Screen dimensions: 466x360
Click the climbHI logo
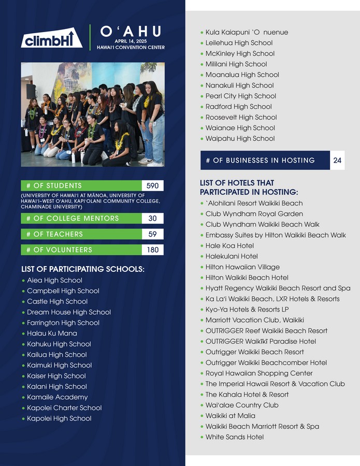[52, 39]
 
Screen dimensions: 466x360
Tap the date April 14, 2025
[131, 41]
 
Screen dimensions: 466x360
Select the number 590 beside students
[152, 186]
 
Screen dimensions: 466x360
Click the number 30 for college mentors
[152, 219]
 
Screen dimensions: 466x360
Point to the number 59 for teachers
[152, 234]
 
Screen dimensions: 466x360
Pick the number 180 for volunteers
[152, 250]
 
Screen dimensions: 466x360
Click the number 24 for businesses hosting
[337, 161]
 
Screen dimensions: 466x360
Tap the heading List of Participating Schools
[83, 269]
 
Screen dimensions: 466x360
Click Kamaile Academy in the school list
[57, 397]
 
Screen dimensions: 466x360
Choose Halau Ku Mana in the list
[52, 333]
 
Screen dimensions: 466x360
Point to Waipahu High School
[240, 138]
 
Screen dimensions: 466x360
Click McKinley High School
[240, 53]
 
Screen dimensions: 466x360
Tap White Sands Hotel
[234, 437]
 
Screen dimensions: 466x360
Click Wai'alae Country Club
[242, 405]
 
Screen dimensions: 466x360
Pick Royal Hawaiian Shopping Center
[259, 373]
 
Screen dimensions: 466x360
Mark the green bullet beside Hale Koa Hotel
[201, 246]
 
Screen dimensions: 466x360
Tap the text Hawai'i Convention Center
[131, 47]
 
